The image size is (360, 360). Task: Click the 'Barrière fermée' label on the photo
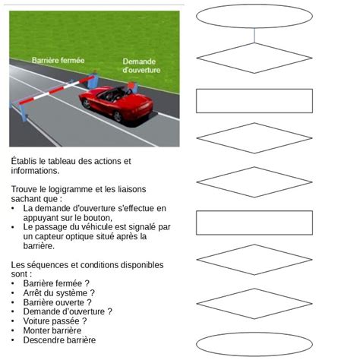pyautogui.click(x=58, y=59)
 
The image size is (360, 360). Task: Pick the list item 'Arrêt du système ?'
pyautogui.click(x=59, y=292)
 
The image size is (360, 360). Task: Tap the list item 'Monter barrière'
pyautogui.click(x=55, y=330)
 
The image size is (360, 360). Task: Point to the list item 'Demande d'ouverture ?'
pyautogui.click(x=68, y=311)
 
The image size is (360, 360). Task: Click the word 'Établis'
pyautogui.click(x=27, y=160)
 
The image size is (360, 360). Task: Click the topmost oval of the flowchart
pyautogui.click(x=254, y=16)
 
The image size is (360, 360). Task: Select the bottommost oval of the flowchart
pyautogui.click(x=254, y=343)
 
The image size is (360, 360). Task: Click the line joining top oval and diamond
pyautogui.click(x=254, y=35)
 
